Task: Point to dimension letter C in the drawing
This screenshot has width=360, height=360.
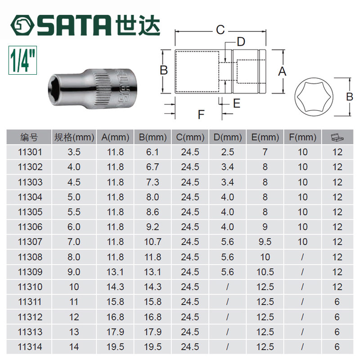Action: point(219,30)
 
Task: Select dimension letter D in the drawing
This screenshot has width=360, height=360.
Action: point(241,42)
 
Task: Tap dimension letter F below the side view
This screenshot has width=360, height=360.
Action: point(201,114)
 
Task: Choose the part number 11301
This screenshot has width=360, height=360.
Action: point(31,152)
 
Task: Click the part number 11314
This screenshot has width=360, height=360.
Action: point(31,346)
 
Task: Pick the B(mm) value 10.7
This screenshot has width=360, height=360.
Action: point(153,242)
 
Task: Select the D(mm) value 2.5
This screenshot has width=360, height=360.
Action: point(228,152)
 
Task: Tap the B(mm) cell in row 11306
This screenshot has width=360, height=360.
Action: point(153,227)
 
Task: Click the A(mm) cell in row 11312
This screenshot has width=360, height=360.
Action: point(115,317)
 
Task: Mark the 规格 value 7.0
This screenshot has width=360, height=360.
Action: point(73,242)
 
